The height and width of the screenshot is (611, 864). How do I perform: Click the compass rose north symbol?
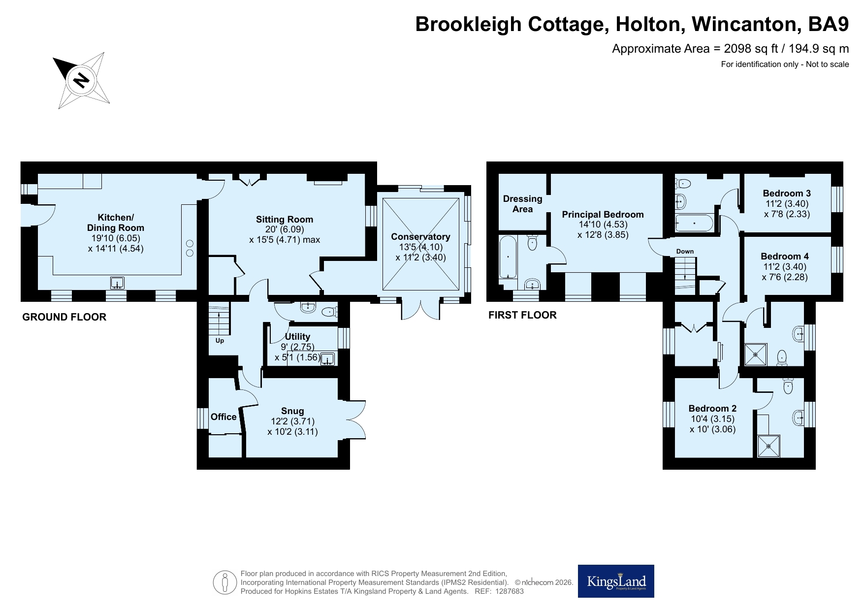82,80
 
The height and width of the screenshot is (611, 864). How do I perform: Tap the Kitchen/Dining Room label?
116,223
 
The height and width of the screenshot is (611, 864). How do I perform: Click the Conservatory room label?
421,237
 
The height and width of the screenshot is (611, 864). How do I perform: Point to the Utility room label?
297,336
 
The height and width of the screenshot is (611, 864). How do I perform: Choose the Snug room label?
292,411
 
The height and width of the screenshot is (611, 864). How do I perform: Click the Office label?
224,417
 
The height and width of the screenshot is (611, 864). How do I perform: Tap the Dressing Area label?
522,204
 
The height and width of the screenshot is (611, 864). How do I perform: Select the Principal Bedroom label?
603,214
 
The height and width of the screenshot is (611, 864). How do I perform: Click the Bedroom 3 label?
787,193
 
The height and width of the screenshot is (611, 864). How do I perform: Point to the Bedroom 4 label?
785,256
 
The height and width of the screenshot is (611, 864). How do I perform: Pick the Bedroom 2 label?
712,408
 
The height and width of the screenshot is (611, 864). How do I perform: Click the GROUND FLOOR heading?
64,317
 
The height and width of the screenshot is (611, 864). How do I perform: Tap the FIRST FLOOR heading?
522,315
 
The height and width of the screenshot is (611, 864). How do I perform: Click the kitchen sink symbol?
118,283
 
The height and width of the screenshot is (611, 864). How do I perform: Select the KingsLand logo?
616,581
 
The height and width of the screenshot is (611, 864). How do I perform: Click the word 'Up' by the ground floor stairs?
220,341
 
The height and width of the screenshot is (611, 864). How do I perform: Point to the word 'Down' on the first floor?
685,251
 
